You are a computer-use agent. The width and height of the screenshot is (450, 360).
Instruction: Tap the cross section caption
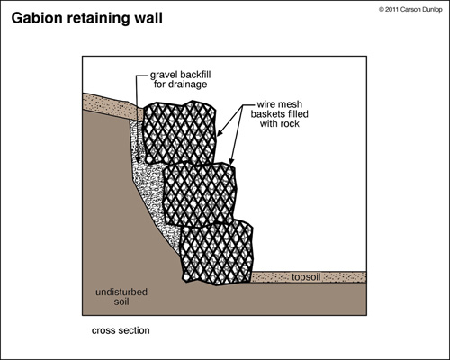pyautogui.click(x=120, y=329)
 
